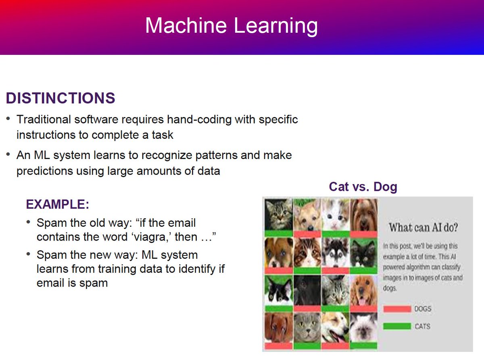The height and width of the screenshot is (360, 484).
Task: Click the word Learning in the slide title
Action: click(276, 26)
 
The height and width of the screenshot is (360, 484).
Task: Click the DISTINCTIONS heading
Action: click(60, 98)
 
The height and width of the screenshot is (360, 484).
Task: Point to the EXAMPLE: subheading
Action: click(57, 205)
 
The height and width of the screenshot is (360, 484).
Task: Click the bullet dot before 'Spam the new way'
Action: click(28, 255)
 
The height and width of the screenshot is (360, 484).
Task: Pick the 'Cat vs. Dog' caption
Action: click(363, 187)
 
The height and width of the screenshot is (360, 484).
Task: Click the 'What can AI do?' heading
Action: click(423, 228)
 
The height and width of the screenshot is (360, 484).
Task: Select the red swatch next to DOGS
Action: click(397, 309)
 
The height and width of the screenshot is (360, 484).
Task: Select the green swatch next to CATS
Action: click(397, 326)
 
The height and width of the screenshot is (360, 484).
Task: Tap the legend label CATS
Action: click(422, 326)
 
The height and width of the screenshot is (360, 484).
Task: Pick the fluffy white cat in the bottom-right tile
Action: click(363, 327)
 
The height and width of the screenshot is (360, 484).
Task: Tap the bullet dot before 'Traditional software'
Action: click(8, 120)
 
